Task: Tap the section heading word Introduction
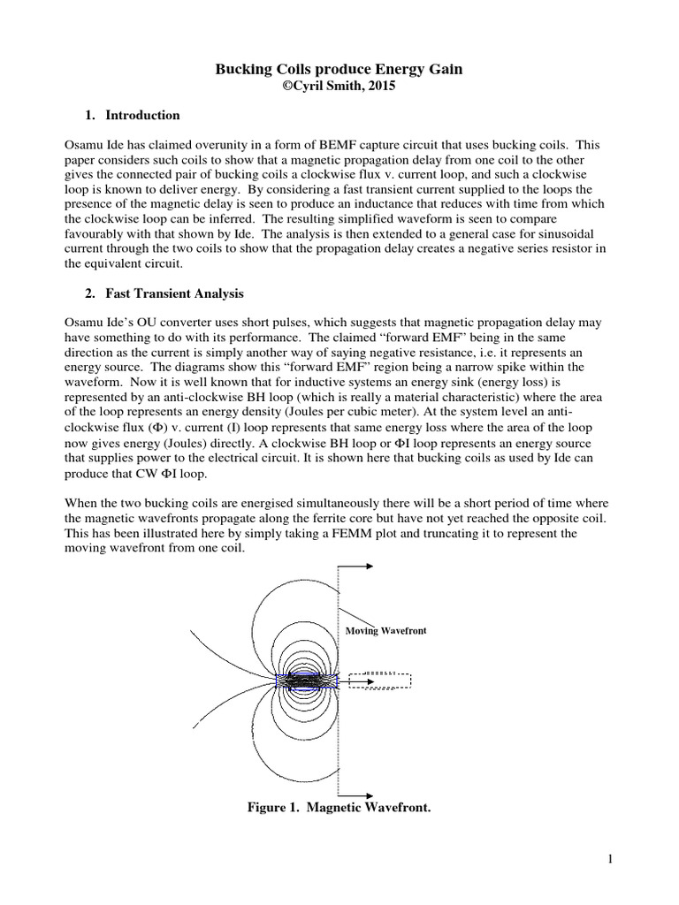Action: [x=142, y=115]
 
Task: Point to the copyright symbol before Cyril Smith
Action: [x=286, y=86]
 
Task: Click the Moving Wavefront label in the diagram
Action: [x=385, y=631]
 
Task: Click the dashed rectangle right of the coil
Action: [x=379, y=681]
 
